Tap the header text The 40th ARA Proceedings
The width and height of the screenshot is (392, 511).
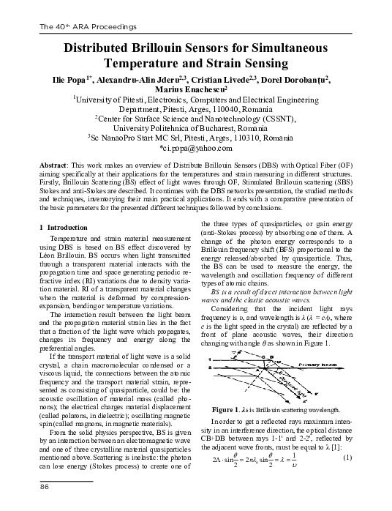(x=80, y=27)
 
